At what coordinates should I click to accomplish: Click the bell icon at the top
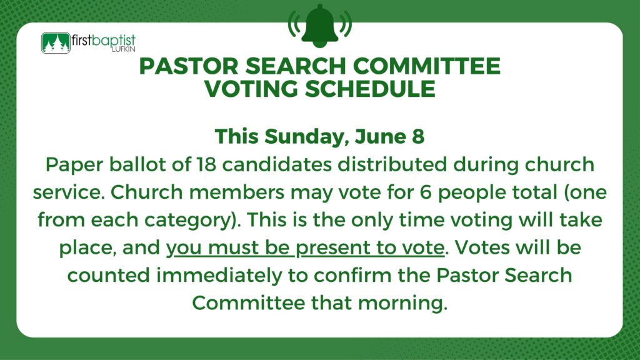coord(320,25)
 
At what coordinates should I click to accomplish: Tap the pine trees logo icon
coord(56,43)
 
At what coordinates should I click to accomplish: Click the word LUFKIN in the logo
coord(123,50)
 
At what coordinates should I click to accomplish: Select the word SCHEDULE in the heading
coord(370,89)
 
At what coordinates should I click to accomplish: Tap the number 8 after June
coord(418,136)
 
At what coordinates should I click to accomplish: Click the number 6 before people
coord(425,192)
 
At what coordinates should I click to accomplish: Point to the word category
coord(188,221)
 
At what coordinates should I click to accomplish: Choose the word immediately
coord(219,276)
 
